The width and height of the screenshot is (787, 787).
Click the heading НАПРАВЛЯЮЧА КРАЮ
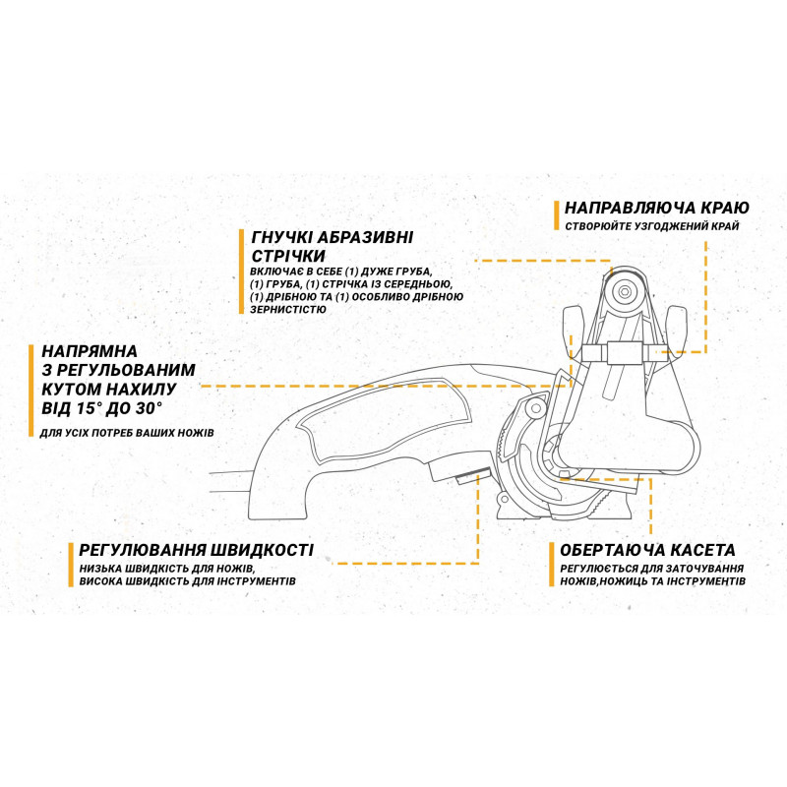tap(656, 208)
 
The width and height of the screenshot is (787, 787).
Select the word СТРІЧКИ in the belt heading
tap(288, 256)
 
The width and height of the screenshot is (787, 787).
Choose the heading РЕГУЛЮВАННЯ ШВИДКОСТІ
tap(196, 550)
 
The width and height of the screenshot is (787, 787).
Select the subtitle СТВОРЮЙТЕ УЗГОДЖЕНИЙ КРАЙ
tap(652, 226)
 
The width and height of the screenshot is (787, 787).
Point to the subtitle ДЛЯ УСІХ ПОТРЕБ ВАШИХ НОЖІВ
tap(127, 432)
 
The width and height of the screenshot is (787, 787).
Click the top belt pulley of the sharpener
tap(625, 291)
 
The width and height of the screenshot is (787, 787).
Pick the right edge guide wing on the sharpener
tap(676, 331)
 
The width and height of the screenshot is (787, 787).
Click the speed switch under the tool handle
tap(473, 474)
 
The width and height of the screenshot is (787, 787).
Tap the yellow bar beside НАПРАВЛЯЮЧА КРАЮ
tap(556, 215)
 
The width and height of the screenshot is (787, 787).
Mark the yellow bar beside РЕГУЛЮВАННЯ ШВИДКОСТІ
tap(71, 565)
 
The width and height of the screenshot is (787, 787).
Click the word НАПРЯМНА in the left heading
tap(90, 351)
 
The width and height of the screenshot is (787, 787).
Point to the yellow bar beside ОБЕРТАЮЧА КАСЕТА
tap(552, 565)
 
